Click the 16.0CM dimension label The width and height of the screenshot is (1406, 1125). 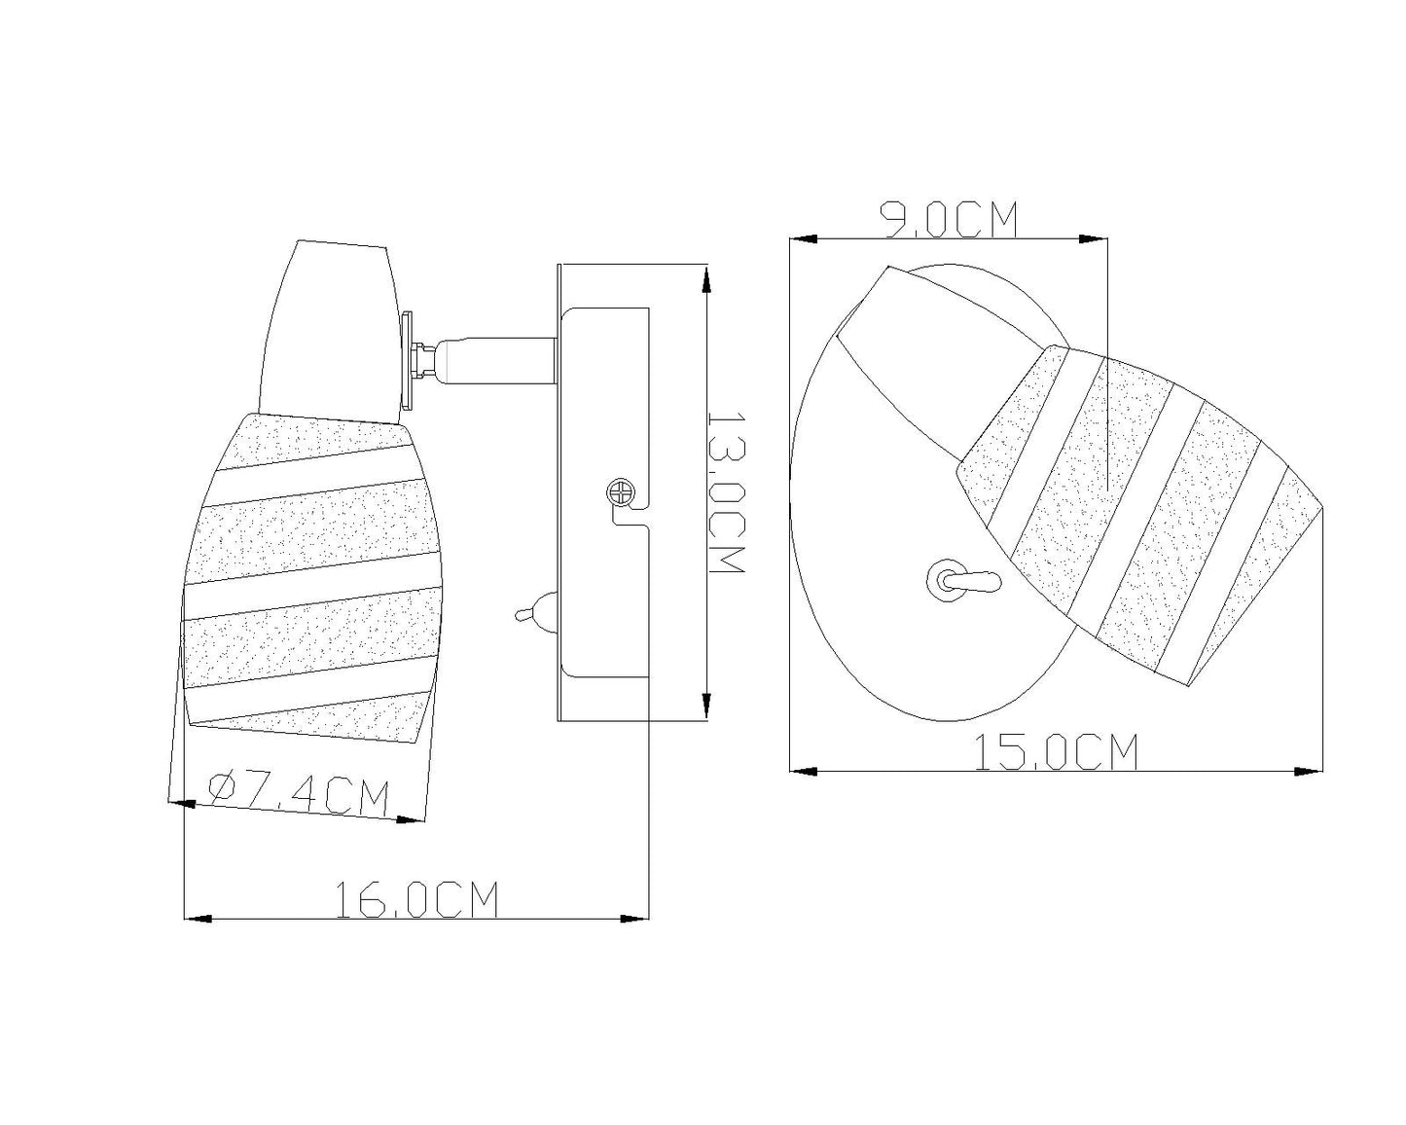tap(416, 899)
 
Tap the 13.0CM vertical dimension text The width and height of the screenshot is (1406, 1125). tap(727, 492)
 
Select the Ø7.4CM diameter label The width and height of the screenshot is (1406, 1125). tap(298, 794)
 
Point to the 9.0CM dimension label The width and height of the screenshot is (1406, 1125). tap(949, 220)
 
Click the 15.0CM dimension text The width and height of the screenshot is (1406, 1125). tap(1057, 752)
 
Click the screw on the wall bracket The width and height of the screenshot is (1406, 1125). tap(620, 491)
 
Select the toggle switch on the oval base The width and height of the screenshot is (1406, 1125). tap(963, 580)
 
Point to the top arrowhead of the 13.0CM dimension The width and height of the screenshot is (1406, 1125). tap(705, 279)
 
